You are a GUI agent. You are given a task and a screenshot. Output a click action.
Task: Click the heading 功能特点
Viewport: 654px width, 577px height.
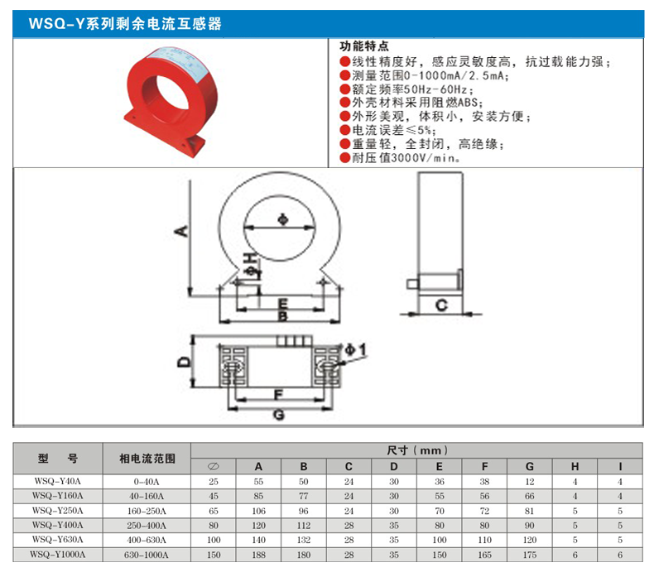[364, 46]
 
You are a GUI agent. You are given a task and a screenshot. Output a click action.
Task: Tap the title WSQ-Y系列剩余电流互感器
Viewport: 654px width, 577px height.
[125, 24]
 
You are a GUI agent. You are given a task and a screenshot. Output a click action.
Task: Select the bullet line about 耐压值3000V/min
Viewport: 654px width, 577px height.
[401, 158]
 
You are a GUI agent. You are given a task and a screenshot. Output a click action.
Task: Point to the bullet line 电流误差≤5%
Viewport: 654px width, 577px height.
[388, 130]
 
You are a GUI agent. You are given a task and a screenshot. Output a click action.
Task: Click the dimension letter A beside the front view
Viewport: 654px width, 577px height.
[182, 231]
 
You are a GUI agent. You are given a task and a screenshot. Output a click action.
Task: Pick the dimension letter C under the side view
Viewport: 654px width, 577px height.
[441, 305]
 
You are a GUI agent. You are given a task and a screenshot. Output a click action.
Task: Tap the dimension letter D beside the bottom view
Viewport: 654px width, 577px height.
[184, 361]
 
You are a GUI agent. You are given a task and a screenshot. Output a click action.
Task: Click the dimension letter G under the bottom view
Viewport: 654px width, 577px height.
[279, 414]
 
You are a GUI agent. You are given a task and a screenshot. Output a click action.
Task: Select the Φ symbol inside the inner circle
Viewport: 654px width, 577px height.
[283, 219]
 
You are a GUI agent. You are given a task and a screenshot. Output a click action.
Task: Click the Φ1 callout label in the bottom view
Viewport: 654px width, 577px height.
[356, 349]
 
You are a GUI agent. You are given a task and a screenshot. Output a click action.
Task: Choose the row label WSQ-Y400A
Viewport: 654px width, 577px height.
[58, 525]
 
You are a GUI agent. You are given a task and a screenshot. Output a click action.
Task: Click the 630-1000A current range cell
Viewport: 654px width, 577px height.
[147, 555]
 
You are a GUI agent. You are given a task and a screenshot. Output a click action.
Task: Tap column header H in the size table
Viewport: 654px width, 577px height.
[575, 466]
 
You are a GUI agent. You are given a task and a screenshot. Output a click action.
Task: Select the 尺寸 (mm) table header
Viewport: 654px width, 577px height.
[416, 450]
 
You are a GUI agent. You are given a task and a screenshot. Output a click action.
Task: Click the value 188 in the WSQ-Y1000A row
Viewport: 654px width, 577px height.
[258, 555]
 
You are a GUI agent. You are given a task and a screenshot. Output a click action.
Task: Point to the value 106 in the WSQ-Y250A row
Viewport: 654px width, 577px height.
[258, 511]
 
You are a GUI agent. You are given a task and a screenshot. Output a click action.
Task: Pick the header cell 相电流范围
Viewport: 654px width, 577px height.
[147, 459]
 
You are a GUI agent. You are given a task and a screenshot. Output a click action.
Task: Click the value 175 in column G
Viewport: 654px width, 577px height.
[530, 555]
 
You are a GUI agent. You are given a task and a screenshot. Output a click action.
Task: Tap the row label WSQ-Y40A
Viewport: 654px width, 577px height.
[58, 482]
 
